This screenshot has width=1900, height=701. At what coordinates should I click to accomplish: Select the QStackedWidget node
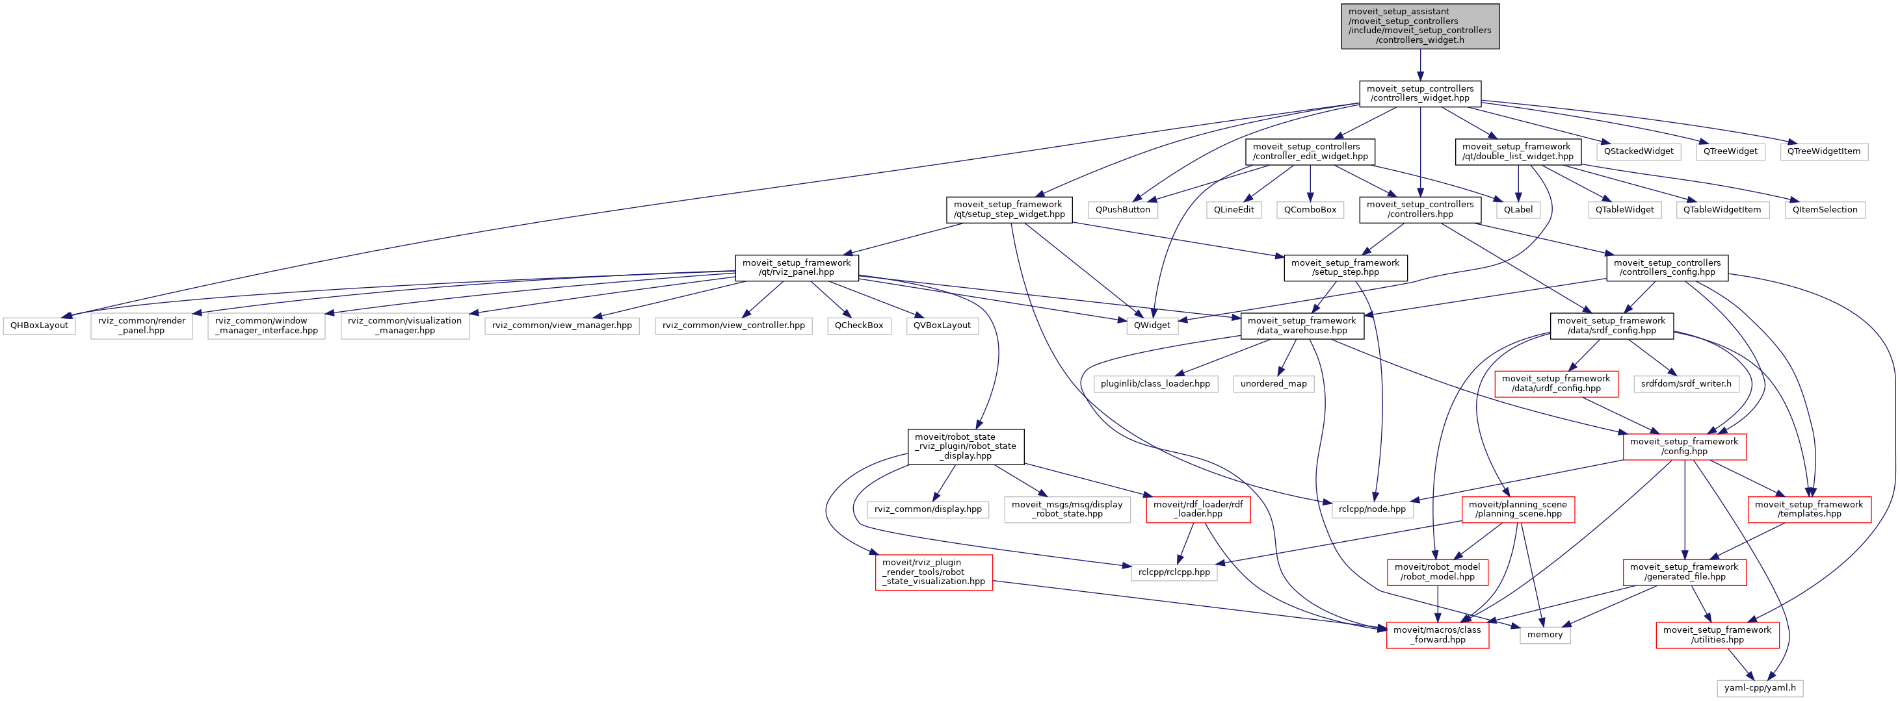click(x=1639, y=151)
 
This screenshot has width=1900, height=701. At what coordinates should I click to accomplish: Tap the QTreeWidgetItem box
click(x=1823, y=151)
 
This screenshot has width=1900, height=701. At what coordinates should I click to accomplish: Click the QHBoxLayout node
click(x=39, y=325)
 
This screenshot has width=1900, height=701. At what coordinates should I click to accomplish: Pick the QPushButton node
click(x=1122, y=209)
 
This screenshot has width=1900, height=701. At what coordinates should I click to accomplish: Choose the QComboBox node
click(x=1310, y=209)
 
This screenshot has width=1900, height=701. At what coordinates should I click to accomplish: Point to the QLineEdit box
click(x=1234, y=209)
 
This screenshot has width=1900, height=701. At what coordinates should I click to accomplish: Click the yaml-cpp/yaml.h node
click(x=1760, y=688)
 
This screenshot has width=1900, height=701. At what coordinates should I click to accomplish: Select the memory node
click(x=1544, y=635)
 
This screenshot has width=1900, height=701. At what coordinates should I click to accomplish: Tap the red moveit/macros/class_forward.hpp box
click(x=1438, y=635)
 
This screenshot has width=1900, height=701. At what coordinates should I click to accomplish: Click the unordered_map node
click(x=1273, y=384)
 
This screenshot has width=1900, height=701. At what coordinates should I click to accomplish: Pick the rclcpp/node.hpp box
click(x=1372, y=509)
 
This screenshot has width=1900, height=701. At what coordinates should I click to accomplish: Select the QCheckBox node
click(x=858, y=325)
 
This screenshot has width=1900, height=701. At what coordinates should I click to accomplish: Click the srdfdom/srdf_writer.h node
click(x=1686, y=384)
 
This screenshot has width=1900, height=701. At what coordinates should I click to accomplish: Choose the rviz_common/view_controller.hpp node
click(x=733, y=325)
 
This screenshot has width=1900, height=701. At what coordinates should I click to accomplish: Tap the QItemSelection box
click(x=1825, y=209)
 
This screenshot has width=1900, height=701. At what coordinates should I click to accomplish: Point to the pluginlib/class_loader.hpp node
click(x=1155, y=384)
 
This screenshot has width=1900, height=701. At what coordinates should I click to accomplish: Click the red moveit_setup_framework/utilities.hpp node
click(x=1717, y=635)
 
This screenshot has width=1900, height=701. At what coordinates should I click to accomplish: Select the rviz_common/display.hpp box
click(x=928, y=509)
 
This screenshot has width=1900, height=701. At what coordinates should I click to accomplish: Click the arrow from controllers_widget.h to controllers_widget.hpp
click(x=1420, y=65)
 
